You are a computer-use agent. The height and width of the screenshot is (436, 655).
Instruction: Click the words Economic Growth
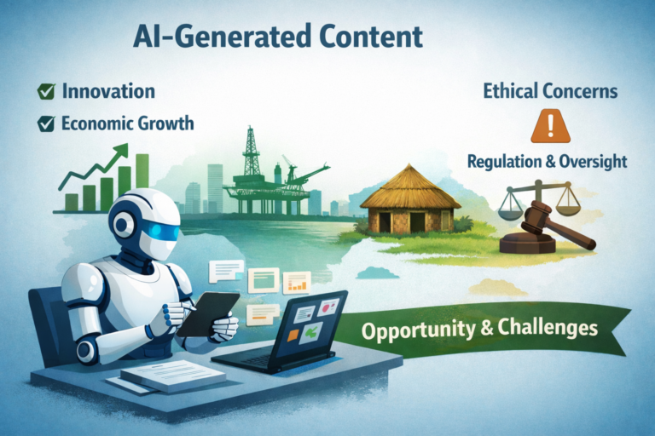(127, 123)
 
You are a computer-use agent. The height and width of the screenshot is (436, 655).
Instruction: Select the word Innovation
(108, 91)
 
